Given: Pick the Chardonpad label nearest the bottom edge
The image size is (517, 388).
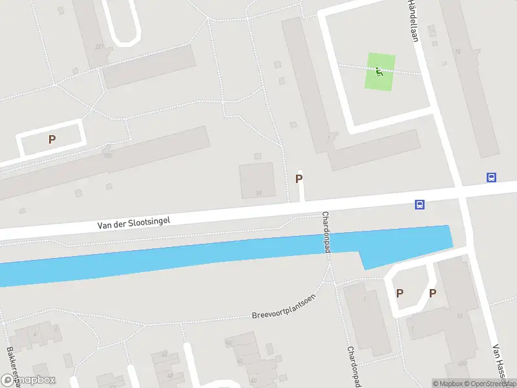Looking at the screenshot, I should (x=352, y=365).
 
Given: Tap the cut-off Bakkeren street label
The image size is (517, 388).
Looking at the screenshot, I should (x=12, y=366).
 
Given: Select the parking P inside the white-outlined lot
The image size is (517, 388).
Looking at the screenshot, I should (x=52, y=139).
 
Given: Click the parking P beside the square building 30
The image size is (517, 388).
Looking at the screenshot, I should (x=299, y=178).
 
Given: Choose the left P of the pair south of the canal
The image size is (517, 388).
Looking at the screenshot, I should (x=399, y=293).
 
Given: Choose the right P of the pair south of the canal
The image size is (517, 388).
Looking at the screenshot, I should (x=432, y=293).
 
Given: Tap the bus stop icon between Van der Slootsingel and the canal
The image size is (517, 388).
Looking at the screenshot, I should (x=420, y=205).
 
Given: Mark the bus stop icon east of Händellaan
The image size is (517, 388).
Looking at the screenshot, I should (x=492, y=177).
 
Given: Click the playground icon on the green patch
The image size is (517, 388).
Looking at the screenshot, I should (x=380, y=72).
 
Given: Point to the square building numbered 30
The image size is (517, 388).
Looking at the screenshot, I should (x=257, y=180).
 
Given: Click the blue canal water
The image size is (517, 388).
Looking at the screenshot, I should (x=194, y=259).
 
